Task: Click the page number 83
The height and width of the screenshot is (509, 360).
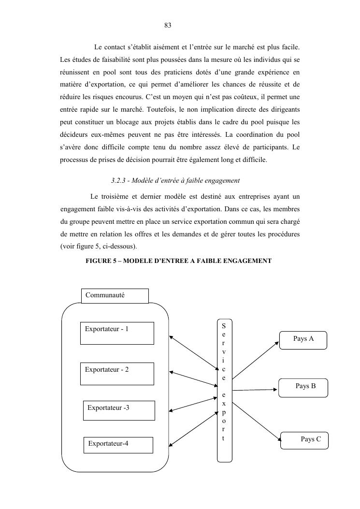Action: pyautogui.click(x=168, y=25)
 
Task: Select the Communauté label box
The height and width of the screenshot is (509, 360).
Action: pyautogui.click(x=115, y=295)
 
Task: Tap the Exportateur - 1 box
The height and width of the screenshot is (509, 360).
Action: pyautogui.click(x=117, y=333)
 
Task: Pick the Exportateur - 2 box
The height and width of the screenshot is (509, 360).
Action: pyautogui.click(x=117, y=374)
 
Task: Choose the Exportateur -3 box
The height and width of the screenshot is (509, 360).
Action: pyautogui.click(x=119, y=410)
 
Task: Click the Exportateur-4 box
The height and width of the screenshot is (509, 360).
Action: pyautogui.click(x=118, y=445)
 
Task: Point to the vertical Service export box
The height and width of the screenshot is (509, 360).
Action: pyautogui.click(x=224, y=390)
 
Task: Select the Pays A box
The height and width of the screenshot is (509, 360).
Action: pyautogui.click(x=303, y=340)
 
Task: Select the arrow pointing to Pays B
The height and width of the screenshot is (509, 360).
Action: pyautogui.click(x=255, y=390)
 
